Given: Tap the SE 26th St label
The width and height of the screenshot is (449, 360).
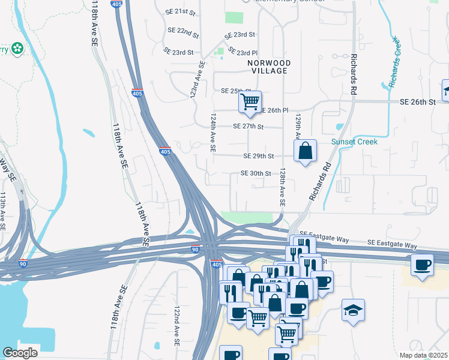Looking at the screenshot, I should click(x=418, y=103).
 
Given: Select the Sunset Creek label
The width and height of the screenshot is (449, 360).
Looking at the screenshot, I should click(x=355, y=142).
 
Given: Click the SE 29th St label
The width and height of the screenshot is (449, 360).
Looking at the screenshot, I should click(x=259, y=156).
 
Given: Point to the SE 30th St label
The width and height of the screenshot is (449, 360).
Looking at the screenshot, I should click(x=256, y=173).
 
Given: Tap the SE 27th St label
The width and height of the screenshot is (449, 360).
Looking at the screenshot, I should click(x=249, y=127).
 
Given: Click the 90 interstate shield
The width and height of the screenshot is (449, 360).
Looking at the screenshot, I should click(x=195, y=250).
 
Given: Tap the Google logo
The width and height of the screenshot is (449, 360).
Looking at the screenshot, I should click(x=20, y=353).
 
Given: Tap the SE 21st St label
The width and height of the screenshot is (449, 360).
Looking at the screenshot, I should click(x=182, y=12).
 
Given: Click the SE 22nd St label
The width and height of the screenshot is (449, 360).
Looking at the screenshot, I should click(x=184, y=30).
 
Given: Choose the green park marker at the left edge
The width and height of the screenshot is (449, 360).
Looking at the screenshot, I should click(x=17, y=48).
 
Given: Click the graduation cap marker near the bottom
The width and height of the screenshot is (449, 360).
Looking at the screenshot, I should click(x=354, y=310).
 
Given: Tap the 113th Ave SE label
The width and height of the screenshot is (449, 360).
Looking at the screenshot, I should click(x=3, y=209).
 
